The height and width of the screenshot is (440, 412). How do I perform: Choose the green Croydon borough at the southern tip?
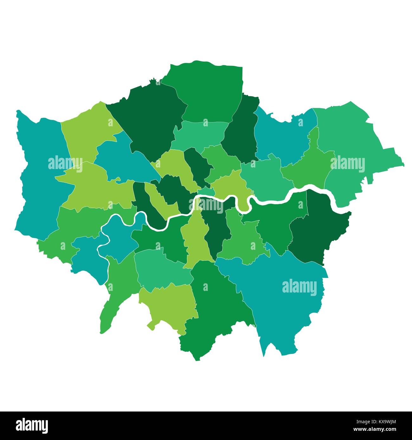point(216,310)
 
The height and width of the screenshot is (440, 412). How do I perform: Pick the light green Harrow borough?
point(89,133)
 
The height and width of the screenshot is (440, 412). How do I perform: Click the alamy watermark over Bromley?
point(299,287)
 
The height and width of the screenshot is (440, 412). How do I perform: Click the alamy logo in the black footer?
point(32,425)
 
